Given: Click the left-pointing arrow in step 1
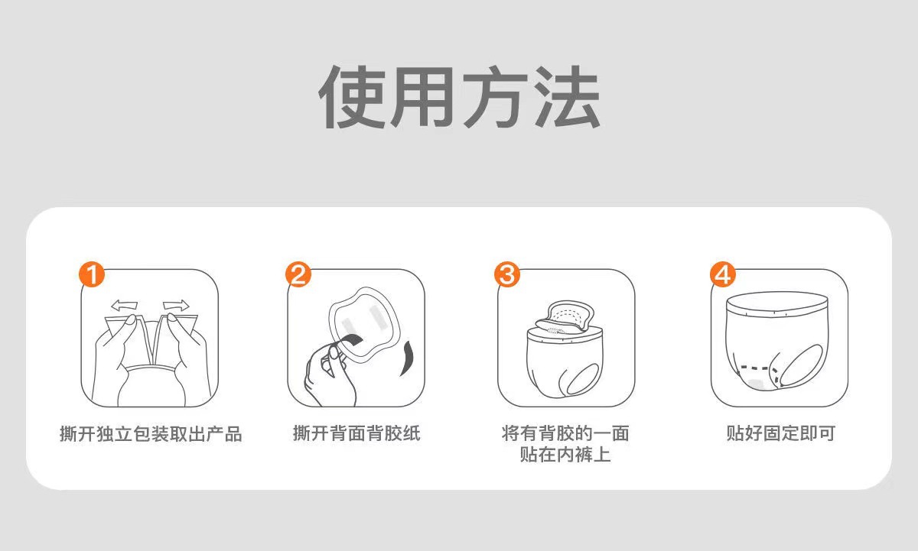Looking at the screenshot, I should click(123, 306).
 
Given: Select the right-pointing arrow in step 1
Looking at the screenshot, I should click(175, 305).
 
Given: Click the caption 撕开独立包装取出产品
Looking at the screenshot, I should click(151, 435).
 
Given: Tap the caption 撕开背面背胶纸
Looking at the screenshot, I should click(356, 434).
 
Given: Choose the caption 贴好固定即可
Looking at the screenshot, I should click(780, 434).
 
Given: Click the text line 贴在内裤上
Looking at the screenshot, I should click(565, 455).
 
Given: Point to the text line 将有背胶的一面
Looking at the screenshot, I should click(565, 434).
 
